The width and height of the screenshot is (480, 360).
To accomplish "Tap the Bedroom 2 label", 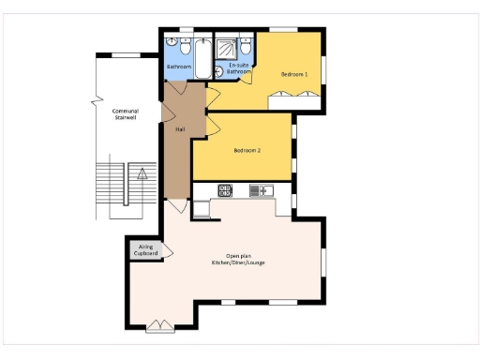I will tap(247, 151).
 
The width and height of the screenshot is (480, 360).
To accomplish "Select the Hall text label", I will tap(178, 129).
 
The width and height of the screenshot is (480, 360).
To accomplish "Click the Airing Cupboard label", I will tap(145, 249).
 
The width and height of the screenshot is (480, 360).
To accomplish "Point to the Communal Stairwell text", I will tap(125, 113).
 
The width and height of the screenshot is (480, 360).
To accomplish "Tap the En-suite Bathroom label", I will tap(239, 67).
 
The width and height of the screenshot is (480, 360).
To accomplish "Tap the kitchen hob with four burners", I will tap(225, 190).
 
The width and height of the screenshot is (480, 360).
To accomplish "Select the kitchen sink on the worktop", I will tap(259, 190).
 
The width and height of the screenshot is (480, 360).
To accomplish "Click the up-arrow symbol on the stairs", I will tap(142, 173).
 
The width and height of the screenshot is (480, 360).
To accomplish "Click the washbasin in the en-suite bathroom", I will tap(219, 69).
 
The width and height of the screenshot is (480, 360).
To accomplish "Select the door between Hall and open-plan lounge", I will tap(176, 205).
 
